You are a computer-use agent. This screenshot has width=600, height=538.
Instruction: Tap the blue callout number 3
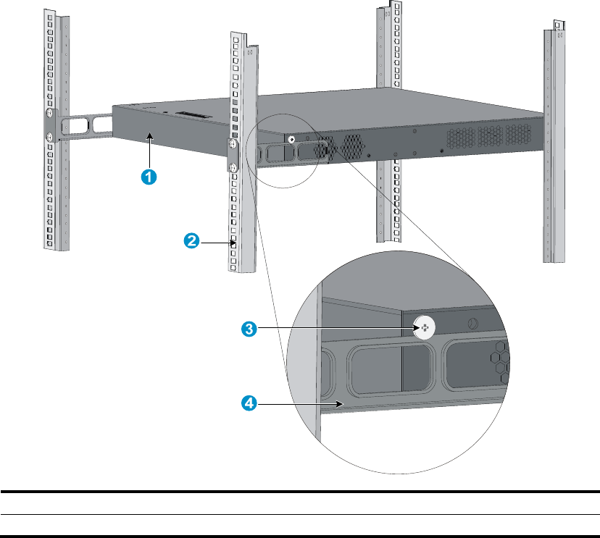pos(249,329)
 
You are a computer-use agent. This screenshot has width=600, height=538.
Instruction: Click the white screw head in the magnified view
pos(425,327)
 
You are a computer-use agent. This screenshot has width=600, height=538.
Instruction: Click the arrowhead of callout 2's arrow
pos(233,243)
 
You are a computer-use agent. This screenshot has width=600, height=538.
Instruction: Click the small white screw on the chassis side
pos(290,140)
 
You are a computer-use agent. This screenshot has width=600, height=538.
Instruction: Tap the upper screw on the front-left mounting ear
pos(48,115)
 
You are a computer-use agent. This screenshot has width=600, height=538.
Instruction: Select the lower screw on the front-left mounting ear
pos(48,136)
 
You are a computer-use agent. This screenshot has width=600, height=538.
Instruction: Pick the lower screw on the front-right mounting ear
pos(234,168)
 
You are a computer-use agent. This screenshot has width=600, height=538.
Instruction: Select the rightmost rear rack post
pos(556,145)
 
